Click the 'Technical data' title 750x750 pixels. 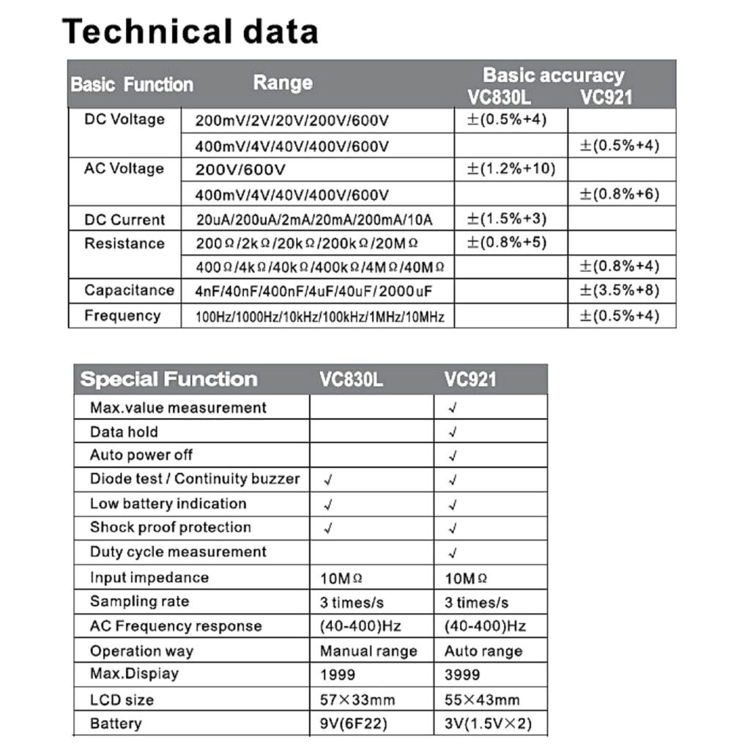190,31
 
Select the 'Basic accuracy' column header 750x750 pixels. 553,75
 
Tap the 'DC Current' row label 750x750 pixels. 125,219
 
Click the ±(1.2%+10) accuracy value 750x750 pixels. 510,170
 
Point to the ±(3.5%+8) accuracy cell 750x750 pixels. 620,291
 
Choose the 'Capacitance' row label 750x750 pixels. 129,290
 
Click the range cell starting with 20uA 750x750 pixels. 314,220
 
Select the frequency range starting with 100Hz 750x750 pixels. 320,317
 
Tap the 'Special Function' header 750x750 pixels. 168,379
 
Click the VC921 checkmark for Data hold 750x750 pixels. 453,432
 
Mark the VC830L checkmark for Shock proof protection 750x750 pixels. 327,528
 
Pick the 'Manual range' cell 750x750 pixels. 368,651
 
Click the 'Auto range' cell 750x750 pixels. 483,651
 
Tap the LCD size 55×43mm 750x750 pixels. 482,699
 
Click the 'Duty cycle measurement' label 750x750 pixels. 178,552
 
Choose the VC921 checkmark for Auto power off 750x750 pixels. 453,456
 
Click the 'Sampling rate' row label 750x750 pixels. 139,601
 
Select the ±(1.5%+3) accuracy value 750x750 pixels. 507,219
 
